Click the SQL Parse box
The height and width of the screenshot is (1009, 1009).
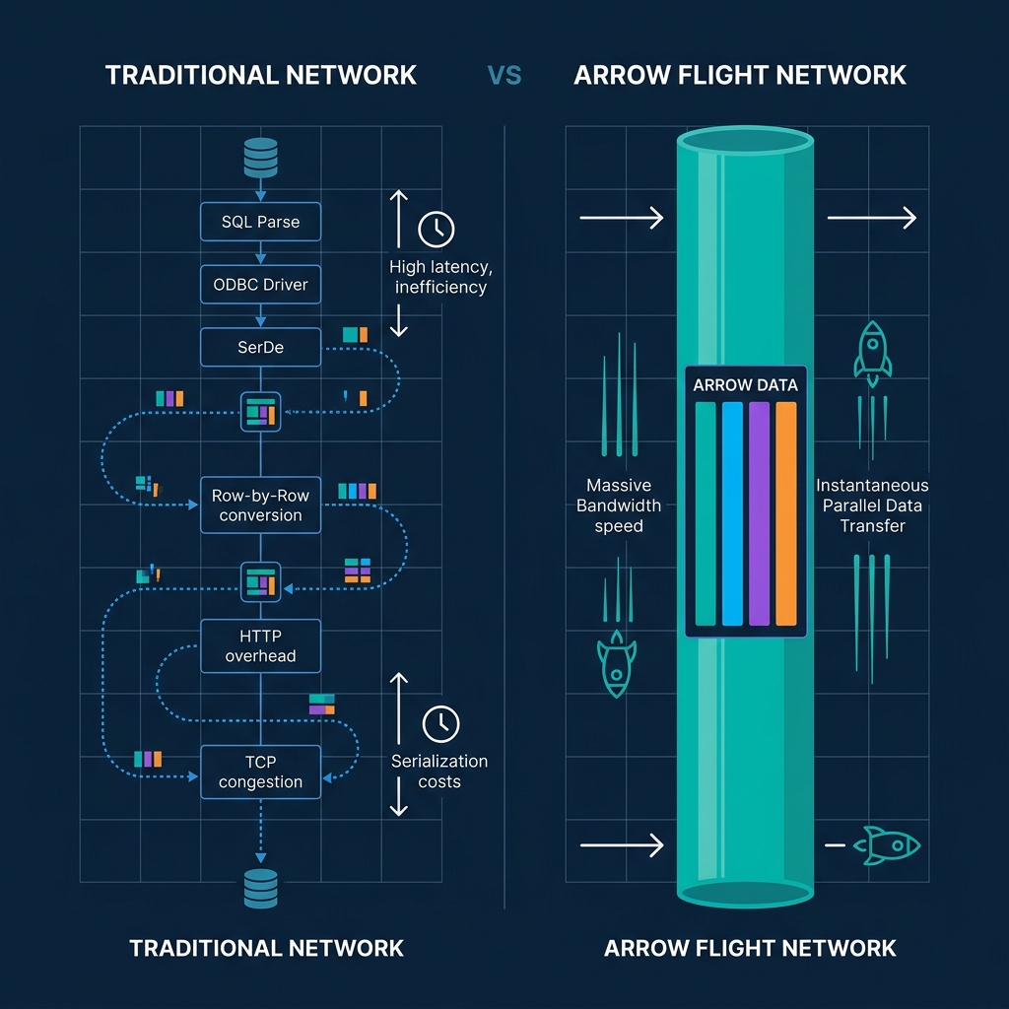[260, 222]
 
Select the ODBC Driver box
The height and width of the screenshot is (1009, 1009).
[260, 285]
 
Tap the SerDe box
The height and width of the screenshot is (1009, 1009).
[260, 348]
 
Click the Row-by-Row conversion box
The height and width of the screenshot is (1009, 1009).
[260, 505]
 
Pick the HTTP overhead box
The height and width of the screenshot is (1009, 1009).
[260, 646]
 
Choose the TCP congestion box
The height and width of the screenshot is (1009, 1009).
[260, 772]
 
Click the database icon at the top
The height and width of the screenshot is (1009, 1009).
[260, 158]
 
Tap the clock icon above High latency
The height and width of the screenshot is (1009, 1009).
[437, 229]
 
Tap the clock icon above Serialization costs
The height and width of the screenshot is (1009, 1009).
[440, 724]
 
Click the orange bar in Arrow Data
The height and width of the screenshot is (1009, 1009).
[785, 513]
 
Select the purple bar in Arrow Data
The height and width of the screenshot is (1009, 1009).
[759, 513]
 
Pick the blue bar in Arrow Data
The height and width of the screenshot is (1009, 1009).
[732, 513]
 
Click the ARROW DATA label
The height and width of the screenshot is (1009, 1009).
[745, 385]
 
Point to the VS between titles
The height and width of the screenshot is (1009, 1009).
[504, 75]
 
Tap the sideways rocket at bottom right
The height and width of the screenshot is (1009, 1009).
[887, 844]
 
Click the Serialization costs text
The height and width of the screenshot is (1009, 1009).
[439, 772]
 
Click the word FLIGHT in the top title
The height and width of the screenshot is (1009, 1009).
[716, 75]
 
